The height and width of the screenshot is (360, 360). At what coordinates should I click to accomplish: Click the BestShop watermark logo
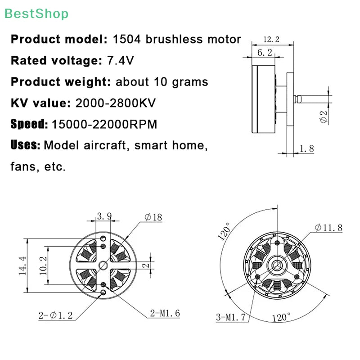[x=37, y=13]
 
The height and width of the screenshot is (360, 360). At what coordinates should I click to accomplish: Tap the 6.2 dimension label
[x=265, y=53]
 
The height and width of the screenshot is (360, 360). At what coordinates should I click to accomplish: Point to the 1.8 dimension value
[x=306, y=148]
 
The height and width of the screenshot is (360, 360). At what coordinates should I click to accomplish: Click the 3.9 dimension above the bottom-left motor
[x=104, y=216]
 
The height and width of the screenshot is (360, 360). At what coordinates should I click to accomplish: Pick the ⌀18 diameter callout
[x=153, y=217]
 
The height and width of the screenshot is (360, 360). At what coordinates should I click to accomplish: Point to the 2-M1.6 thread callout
[x=165, y=313]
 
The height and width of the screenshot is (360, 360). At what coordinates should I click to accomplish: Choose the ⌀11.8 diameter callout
[x=328, y=228]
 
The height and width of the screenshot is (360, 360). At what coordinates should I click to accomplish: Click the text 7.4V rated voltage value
[x=121, y=61]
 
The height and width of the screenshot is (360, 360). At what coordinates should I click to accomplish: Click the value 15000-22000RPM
[x=104, y=124]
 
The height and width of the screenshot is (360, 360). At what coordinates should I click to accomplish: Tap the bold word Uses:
[x=26, y=145]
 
